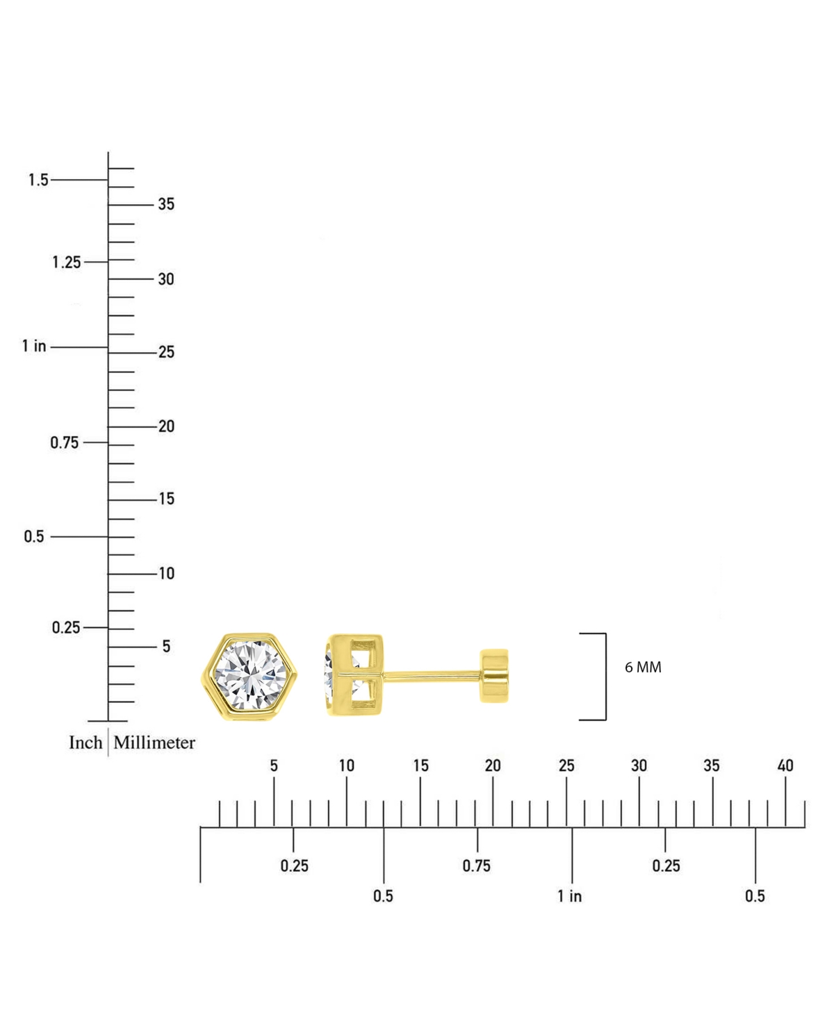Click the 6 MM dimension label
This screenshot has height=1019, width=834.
(x=643, y=668)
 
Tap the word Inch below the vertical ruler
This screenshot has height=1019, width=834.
(x=85, y=743)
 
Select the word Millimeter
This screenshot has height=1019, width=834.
(x=154, y=743)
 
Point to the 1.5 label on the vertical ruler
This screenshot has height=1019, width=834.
(x=38, y=180)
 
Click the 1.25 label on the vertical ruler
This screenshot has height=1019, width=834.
(x=66, y=263)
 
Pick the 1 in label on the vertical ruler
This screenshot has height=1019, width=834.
(x=34, y=346)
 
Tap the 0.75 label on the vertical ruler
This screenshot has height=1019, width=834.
(x=65, y=442)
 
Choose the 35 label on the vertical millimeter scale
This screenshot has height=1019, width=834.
(x=166, y=204)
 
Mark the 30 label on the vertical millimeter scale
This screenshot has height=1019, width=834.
(x=166, y=279)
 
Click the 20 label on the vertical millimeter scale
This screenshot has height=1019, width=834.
(x=166, y=426)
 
